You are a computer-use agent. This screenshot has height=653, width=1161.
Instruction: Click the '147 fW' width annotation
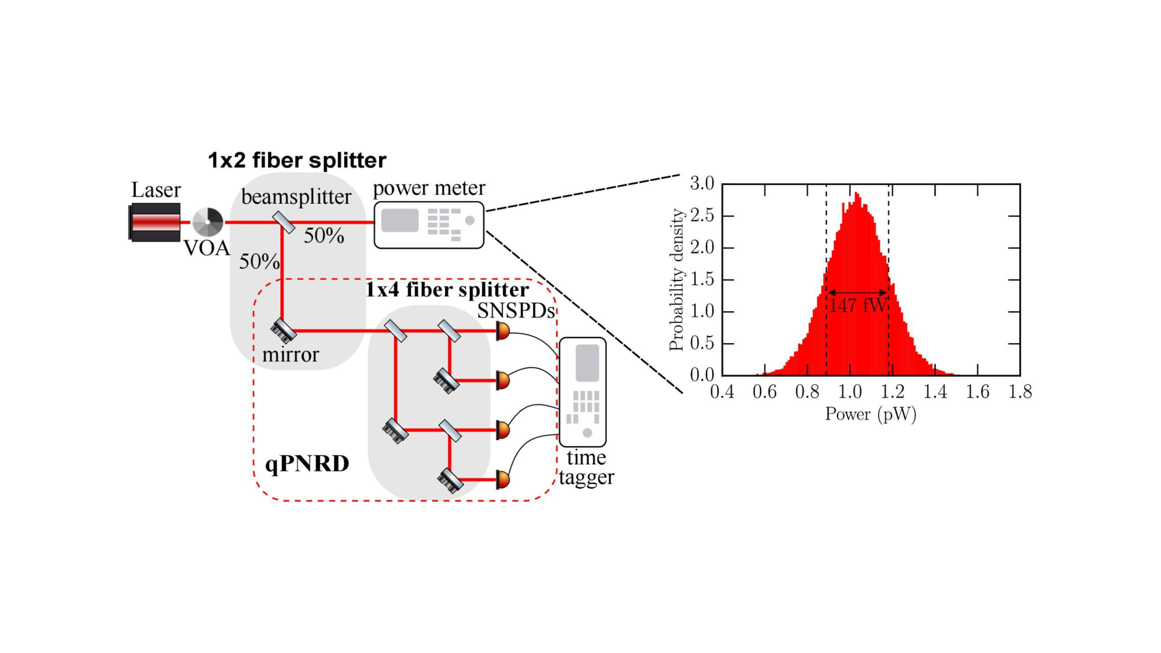[x=858, y=306]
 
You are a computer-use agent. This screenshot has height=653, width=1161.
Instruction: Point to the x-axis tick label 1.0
[x=850, y=392]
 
